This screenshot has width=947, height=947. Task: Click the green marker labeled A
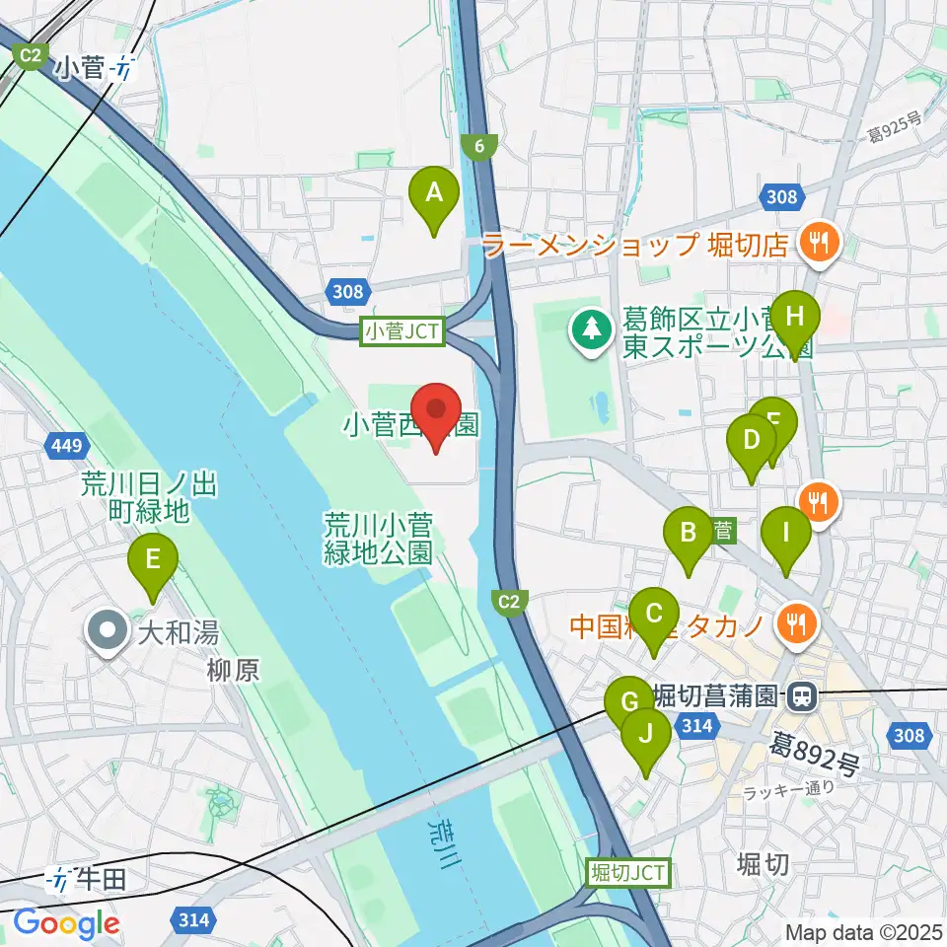pyautogui.click(x=434, y=195)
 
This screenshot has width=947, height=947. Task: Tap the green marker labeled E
pyautogui.click(x=153, y=561)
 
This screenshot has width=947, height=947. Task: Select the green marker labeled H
pyautogui.click(x=796, y=319)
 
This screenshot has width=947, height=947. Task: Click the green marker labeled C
pyautogui.click(x=654, y=616)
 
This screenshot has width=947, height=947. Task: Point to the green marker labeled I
pyautogui.click(x=786, y=534)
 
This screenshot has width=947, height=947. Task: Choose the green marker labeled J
pyautogui.click(x=646, y=736)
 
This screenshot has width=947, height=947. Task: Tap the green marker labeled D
pyautogui.click(x=752, y=441)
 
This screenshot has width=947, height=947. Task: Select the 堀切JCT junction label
pyautogui.click(x=628, y=871)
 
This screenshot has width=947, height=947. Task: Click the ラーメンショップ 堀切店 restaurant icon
pyautogui.click(x=819, y=240)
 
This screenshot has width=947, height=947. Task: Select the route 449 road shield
pyautogui.click(x=66, y=447)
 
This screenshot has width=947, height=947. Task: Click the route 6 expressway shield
pyautogui.click(x=479, y=147)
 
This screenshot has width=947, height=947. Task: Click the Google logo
pyautogui.click(x=66, y=923)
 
